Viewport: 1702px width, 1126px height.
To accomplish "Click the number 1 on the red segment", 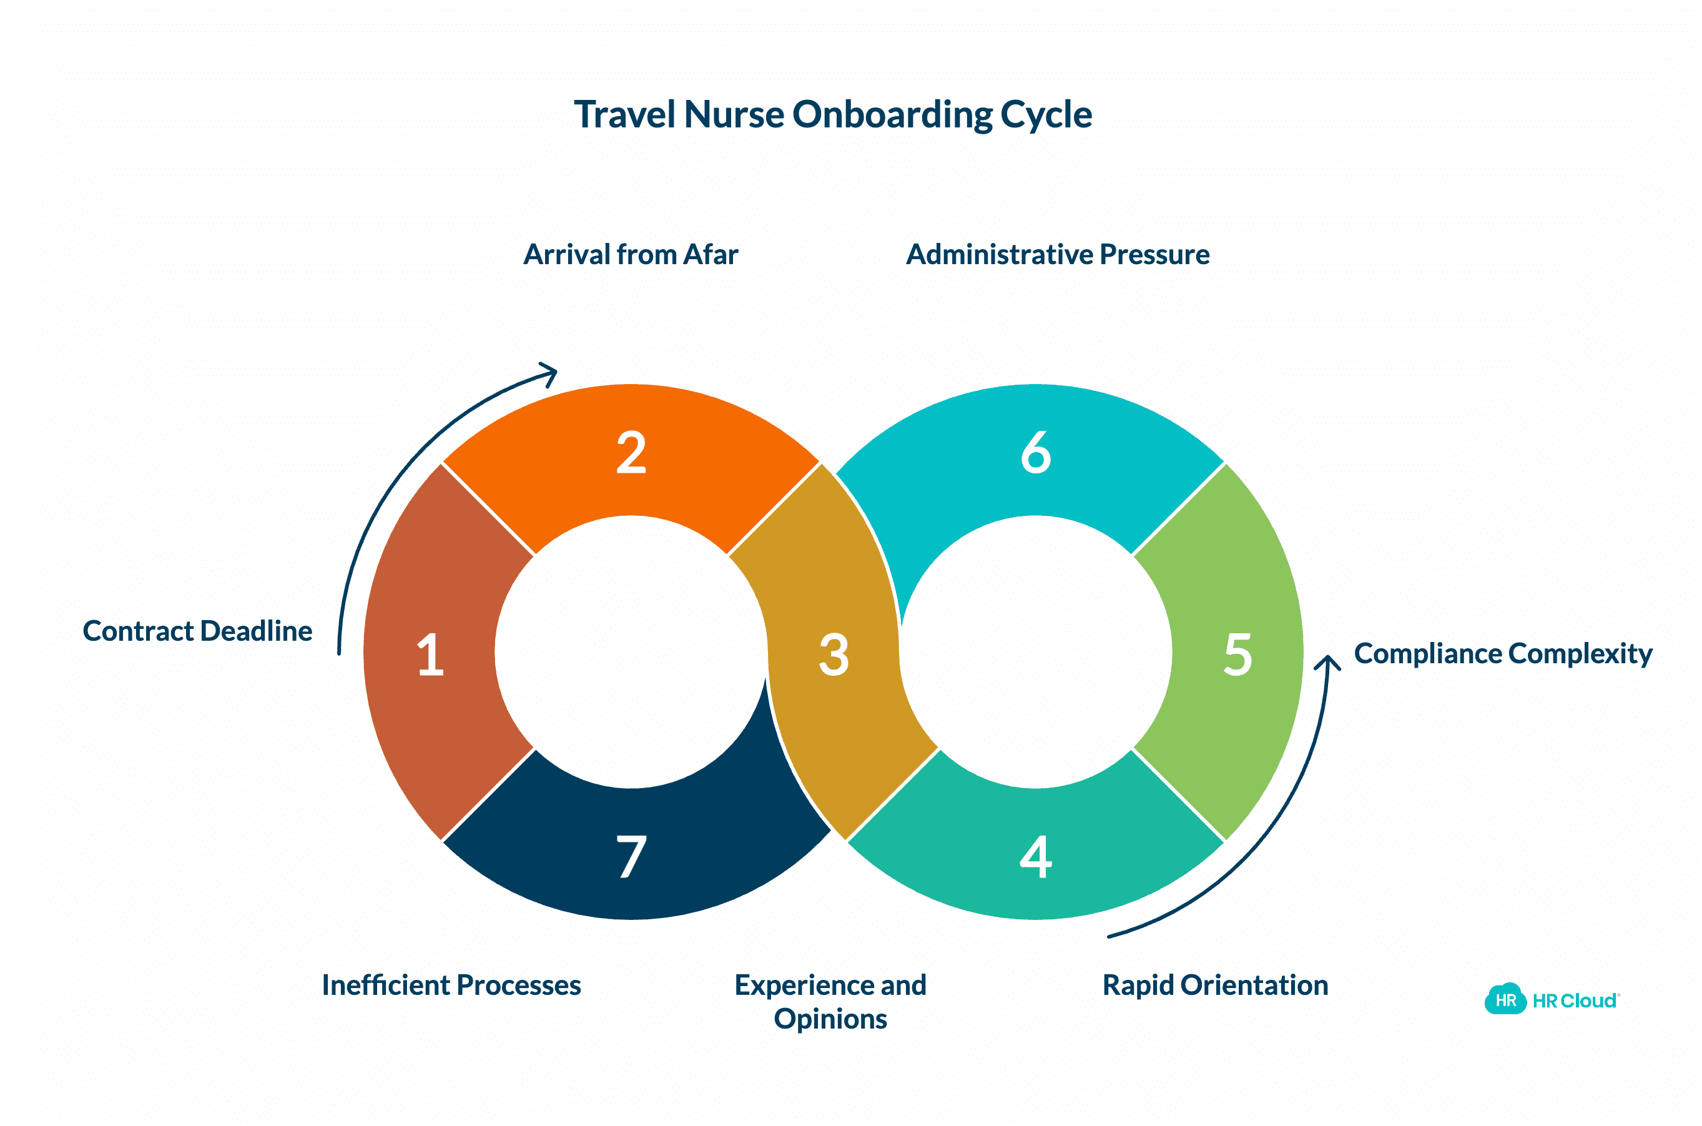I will (431, 654).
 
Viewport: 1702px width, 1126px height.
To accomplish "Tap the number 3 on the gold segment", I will (834, 654).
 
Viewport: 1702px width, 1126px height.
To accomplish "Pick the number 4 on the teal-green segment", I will (1036, 856).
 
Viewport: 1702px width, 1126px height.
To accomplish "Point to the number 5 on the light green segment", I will (1237, 654).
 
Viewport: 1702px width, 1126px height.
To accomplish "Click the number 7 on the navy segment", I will (632, 856).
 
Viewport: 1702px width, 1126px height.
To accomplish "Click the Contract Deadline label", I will (197, 631).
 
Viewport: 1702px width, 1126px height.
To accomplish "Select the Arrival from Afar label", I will (630, 254).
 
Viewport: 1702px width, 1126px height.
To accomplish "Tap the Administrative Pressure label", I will (1058, 254).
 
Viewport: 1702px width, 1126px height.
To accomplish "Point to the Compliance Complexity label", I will (1502, 653).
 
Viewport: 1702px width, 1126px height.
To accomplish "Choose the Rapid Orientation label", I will (1214, 984).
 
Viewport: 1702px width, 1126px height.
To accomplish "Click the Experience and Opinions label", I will (830, 1001).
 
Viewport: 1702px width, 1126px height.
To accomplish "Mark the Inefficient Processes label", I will (451, 984).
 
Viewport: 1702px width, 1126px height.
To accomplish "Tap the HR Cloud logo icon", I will (1505, 999).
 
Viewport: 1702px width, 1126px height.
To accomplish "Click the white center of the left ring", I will (632, 652).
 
